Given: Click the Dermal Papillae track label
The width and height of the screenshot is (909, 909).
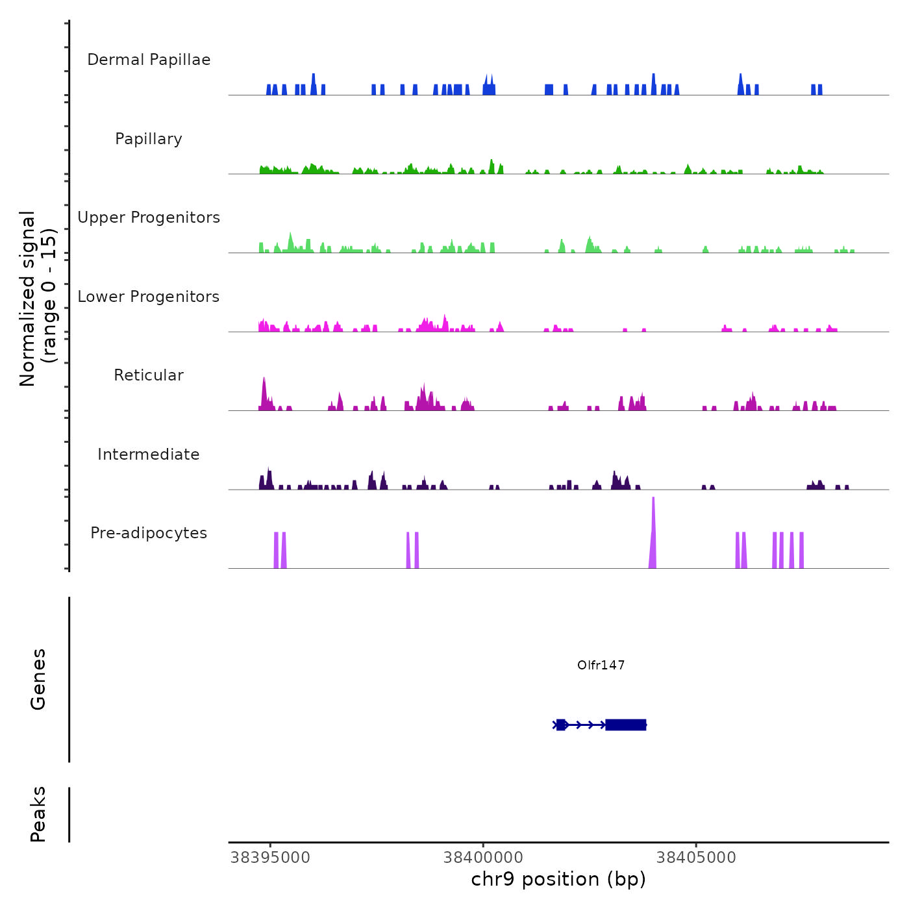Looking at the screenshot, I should click(x=149, y=60).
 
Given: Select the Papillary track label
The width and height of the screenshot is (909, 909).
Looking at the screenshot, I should click(x=149, y=139).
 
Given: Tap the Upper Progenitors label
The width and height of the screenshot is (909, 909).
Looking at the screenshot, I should click(x=149, y=218).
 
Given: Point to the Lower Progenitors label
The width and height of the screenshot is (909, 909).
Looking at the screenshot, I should click(x=149, y=297).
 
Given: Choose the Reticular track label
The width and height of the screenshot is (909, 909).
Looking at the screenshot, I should click(x=149, y=375).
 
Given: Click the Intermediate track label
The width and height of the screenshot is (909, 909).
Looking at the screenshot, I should click(x=149, y=454).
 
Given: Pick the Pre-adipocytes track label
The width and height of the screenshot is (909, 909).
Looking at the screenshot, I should click(x=149, y=533).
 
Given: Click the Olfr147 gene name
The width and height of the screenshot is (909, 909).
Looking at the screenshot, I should click(x=601, y=665).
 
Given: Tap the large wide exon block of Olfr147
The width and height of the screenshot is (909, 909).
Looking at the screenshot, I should click(x=625, y=725).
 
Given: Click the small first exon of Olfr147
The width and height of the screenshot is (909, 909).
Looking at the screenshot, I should click(x=560, y=725).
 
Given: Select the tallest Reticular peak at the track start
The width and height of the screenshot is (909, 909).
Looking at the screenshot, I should click(x=264, y=393).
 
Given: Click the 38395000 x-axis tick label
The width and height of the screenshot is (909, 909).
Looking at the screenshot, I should click(x=271, y=858).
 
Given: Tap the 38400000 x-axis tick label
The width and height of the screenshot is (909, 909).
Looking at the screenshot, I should click(x=484, y=858).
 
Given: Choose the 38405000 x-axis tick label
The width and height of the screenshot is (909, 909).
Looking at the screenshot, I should click(x=696, y=858).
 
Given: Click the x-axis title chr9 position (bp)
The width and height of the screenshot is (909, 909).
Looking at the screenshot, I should click(x=558, y=880).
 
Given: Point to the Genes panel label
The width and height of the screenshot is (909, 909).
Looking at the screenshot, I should click(x=38, y=679).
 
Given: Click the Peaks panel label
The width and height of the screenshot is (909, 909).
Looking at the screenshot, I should click(x=38, y=814).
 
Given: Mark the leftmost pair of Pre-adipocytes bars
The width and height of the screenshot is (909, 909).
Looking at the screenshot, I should click(x=280, y=550).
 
